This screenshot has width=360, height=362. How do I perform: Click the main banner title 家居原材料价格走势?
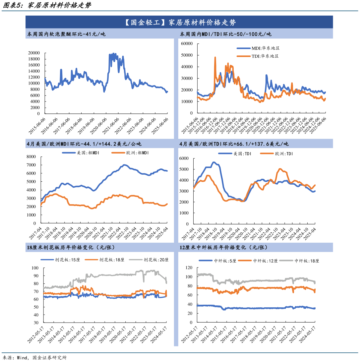[x=180, y=23]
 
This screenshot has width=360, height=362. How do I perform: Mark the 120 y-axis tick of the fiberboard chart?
[x=189, y=268]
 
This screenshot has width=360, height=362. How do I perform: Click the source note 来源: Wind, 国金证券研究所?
[x=35, y=358]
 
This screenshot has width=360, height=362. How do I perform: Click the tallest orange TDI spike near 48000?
[x=215, y=57]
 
